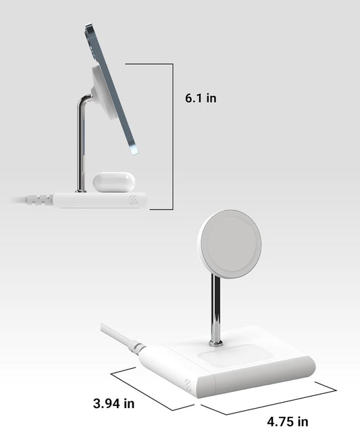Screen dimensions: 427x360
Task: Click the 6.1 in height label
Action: (x=201, y=98)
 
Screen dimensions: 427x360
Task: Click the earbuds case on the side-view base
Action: (x=111, y=181)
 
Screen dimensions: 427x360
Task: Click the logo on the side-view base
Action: (x=133, y=199)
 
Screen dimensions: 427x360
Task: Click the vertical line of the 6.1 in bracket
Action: (x=173, y=135)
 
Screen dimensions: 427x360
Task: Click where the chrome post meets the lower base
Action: (x=216, y=343)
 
